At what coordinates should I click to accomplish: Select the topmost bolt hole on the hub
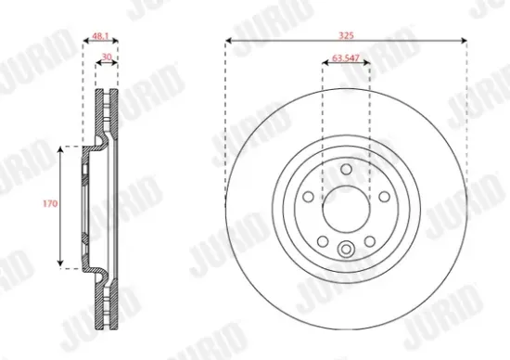pos(346,169)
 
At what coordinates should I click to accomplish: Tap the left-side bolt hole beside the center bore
pos(309,196)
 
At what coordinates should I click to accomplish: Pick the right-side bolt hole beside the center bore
pos(383,196)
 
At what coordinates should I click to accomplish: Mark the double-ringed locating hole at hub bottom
pos(346,248)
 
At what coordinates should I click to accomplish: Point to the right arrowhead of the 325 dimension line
pos(463,41)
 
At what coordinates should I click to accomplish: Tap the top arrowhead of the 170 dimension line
pos(61,148)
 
